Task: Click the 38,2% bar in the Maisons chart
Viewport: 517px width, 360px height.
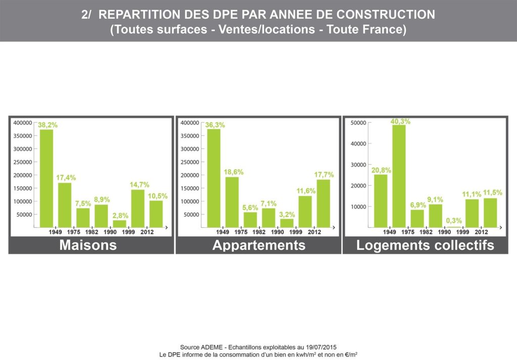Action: point(46,178)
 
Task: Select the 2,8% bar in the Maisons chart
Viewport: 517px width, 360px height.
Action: point(119,224)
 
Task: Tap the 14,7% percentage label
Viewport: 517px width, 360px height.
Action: point(139,185)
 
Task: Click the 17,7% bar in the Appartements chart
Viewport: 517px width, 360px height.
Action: point(324,203)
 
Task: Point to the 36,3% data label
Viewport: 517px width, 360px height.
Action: point(215,125)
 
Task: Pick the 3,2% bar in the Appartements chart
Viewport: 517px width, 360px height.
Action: point(287,223)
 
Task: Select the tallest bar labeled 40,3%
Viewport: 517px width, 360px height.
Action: point(399,176)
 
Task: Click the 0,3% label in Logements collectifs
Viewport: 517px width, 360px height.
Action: point(454,221)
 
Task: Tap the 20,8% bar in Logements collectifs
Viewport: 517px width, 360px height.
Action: point(381,201)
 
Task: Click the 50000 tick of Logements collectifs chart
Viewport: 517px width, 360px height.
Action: point(358,123)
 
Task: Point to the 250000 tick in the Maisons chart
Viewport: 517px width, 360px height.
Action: point(23,162)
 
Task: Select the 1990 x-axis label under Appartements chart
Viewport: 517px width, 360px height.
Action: point(277,232)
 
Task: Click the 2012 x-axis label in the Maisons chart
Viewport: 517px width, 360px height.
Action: point(147,232)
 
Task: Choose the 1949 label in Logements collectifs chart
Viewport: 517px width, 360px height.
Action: point(389,232)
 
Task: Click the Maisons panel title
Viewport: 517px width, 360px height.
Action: point(88,245)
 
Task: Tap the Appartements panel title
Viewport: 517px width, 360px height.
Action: point(259,245)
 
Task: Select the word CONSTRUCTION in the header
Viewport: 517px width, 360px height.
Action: point(386,15)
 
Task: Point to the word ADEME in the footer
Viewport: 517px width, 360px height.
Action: point(211,347)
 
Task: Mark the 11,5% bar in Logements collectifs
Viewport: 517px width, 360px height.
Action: point(490,213)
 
